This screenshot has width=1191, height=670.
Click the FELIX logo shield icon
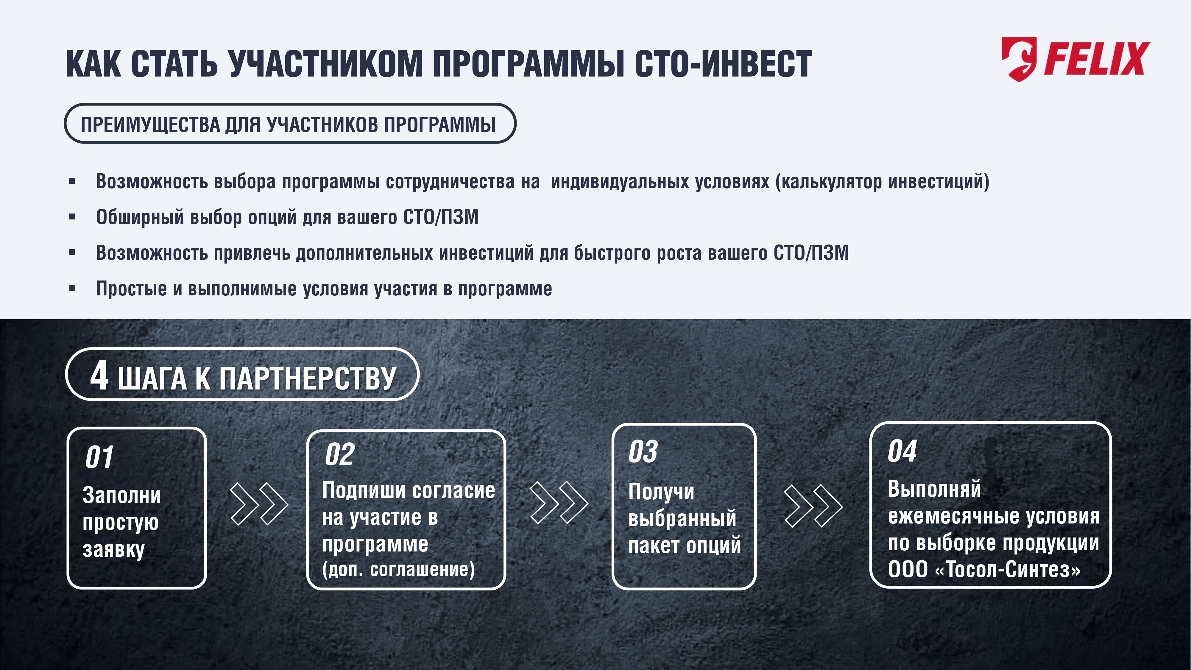point(1019,59)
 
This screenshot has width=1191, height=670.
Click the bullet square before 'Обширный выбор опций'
point(72,217)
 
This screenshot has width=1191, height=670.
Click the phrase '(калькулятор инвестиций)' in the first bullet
point(882,181)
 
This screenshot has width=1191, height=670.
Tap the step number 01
point(99,458)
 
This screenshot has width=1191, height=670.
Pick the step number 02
point(340,454)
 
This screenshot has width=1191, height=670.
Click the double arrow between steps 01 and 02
point(259,504)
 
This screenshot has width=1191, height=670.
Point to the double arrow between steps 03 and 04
point(813,506)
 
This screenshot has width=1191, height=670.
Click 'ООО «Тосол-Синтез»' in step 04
point(984,569)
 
